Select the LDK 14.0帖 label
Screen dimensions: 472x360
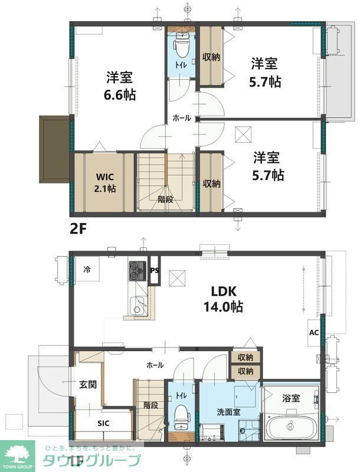(223, 299)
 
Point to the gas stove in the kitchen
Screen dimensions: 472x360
(138, 271)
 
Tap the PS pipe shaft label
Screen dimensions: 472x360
(155, 271)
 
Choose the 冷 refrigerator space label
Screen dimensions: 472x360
(87, 270)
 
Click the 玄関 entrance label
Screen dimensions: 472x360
(89, 385)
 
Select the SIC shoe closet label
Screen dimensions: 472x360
(103, 423)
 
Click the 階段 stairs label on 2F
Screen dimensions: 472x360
(165, 199)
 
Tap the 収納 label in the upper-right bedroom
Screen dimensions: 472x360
(211, 57)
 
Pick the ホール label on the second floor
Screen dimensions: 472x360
(181, 118)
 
